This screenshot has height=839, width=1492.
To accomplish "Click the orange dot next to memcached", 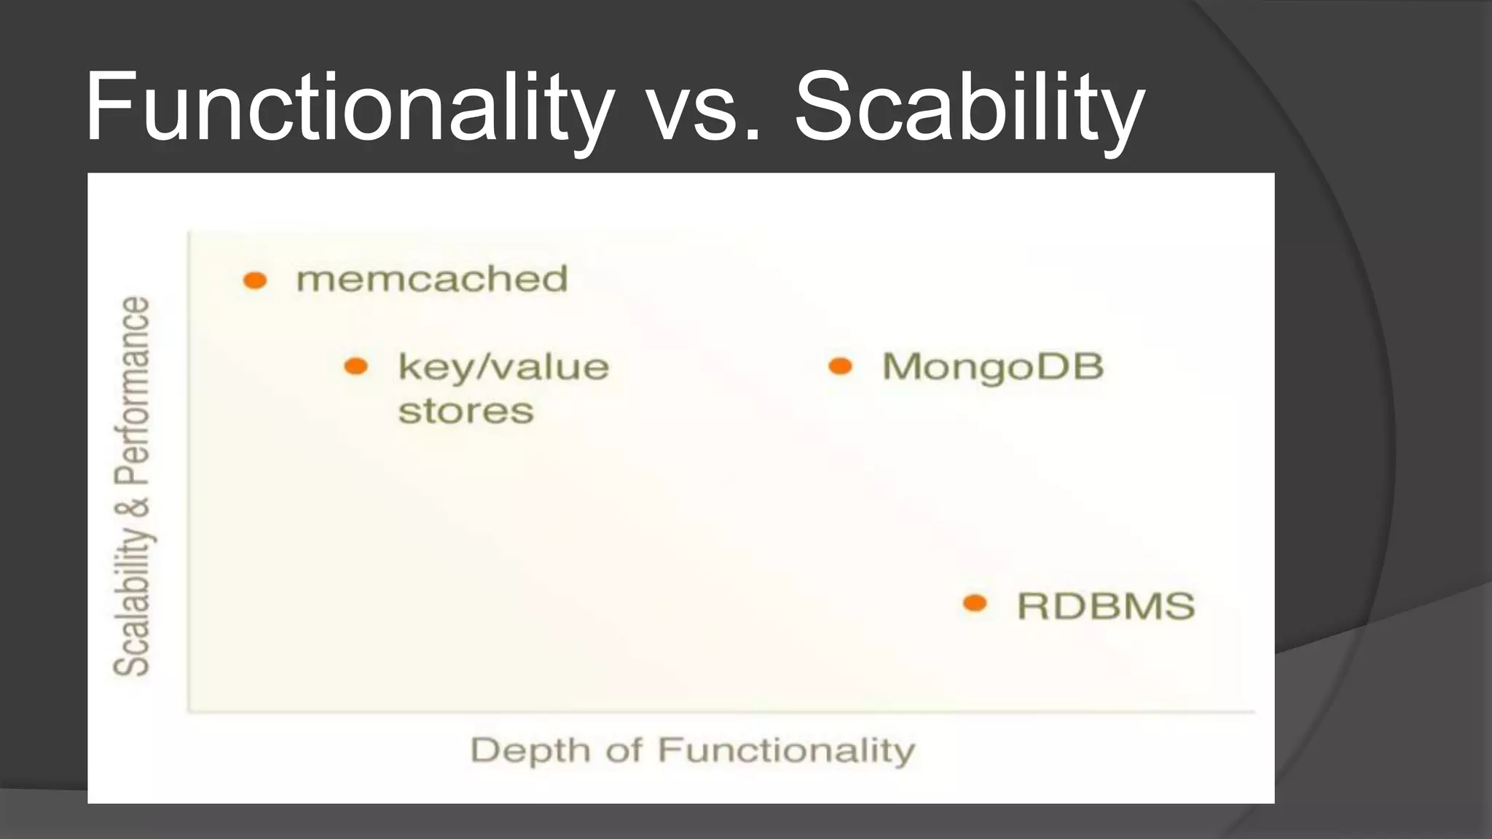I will point(255,280).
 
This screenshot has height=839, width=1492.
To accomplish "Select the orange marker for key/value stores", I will point(356,366).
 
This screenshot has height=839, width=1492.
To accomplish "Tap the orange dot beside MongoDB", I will point(840,366).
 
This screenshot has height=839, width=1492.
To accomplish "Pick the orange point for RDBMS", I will point(975,603).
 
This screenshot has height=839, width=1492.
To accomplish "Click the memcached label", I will point(431,279).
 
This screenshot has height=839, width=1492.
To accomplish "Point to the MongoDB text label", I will point(992,366).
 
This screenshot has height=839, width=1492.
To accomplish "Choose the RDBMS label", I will point(1106,606).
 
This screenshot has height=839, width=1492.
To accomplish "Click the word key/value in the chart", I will point(503,367).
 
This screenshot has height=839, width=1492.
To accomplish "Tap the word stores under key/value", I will point(466,411).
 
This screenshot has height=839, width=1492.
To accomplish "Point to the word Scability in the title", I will point(969,107).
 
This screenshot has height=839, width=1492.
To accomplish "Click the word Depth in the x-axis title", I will point(530,750).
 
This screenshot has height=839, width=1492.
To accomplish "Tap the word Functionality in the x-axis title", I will point(785,750).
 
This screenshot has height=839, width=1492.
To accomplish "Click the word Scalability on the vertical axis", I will point(132,601).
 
